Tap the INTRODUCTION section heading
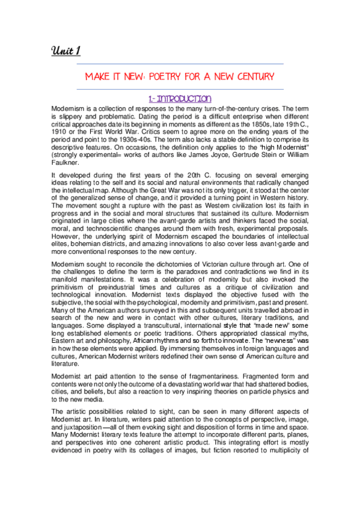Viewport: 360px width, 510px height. (x=180, y=98)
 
